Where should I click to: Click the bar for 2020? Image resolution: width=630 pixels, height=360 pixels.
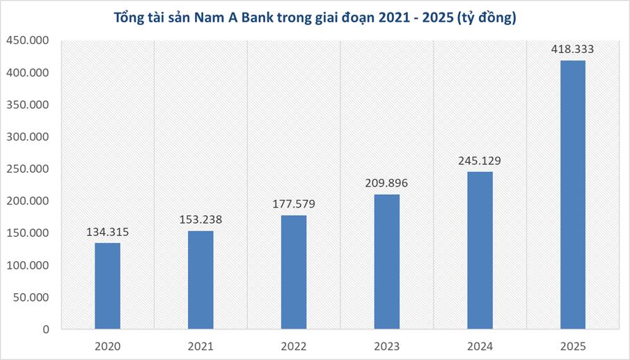107,285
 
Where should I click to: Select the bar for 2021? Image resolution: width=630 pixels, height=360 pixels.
200,279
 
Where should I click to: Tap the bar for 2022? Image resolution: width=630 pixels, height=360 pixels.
293,272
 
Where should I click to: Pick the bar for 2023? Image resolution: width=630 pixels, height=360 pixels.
386,261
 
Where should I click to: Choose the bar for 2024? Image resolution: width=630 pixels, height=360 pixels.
480,250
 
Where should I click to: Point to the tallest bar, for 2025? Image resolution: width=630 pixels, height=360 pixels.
573,194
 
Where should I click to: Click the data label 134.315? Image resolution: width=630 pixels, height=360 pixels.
107,232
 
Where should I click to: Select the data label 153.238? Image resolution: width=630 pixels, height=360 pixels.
200,219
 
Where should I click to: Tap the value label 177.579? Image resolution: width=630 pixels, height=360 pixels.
293,204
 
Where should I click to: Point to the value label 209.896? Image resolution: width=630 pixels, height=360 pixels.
386,183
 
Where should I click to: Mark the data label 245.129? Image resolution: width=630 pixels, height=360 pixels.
480,161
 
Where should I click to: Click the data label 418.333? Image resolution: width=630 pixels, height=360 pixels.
572,49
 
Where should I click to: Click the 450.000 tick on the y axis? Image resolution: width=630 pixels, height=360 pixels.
27,41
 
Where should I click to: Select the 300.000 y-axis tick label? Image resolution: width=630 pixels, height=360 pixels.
27,137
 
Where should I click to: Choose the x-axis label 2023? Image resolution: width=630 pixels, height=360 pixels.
386,346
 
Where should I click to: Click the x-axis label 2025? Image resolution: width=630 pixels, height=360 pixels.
573,346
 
